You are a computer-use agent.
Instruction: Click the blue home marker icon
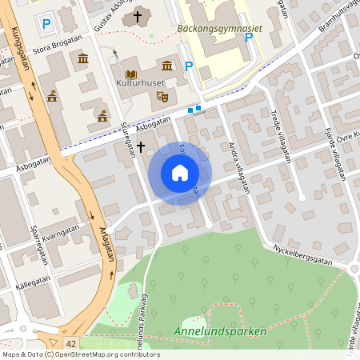click(x=180, y=173)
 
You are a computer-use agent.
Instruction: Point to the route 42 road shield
click(x=71, y=343)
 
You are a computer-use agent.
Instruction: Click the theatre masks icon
click(x=161, y=95)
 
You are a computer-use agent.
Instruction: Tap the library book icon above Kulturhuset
click(x=130, y=74)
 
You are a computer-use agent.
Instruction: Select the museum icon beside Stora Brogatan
click(x=83, y=58)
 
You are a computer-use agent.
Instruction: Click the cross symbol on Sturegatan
click(x=141, y=146)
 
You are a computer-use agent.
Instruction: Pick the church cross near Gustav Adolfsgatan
click(x=138, y=15)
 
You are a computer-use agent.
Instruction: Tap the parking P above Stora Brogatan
click(x=46, y=25)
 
